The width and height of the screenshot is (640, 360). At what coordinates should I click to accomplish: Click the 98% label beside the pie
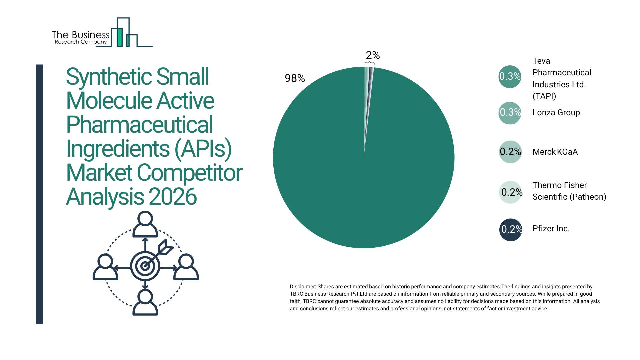295,78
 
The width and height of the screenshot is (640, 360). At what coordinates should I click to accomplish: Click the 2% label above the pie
373,55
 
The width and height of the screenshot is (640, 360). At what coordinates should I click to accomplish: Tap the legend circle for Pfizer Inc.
510,229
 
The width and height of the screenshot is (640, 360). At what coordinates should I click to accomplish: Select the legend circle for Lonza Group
510,113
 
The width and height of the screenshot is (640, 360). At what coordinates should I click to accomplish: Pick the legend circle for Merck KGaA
510,152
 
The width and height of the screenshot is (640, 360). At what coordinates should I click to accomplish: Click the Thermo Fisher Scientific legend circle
510,192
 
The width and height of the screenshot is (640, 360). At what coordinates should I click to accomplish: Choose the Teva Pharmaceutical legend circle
510,76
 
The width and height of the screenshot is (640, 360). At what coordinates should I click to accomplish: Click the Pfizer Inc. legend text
551,229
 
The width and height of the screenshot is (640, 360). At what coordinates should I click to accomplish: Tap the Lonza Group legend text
556,113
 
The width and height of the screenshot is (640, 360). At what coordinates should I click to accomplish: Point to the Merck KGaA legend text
555,152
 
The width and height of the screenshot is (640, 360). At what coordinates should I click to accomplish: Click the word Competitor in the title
189,173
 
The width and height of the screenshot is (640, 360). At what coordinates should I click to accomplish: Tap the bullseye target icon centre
145,266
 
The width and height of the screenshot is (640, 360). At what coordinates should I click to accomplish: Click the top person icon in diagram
145,224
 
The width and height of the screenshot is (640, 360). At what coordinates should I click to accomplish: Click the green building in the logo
119,37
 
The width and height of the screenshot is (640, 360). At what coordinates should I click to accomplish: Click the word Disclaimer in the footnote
302,287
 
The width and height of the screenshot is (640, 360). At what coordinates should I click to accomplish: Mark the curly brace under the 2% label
369,63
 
